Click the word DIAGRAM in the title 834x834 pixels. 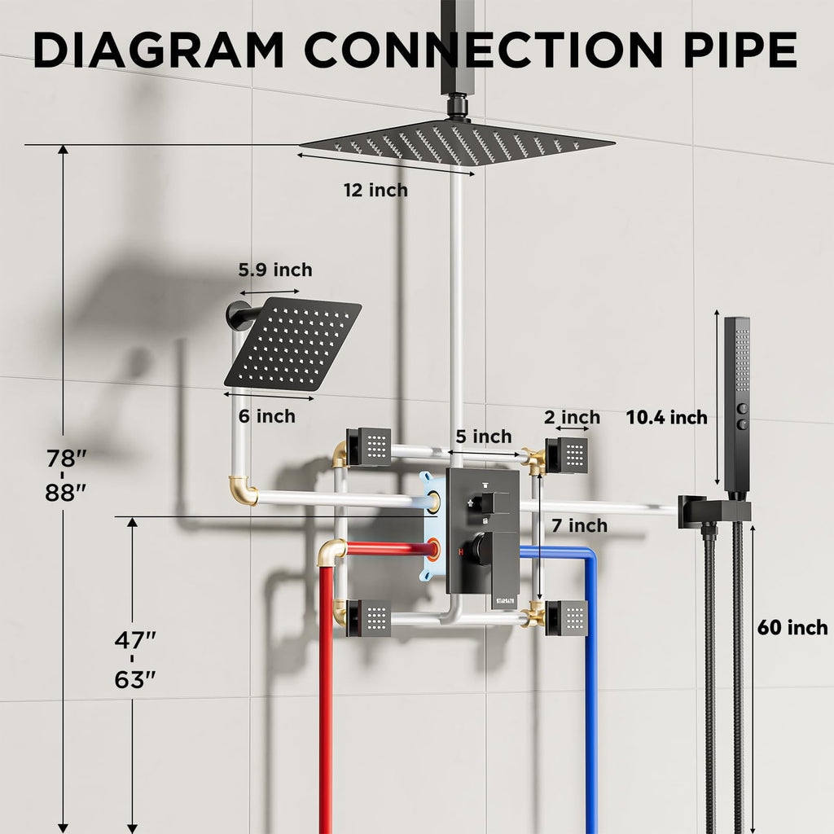click(x=159, y=50)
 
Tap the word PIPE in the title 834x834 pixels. click(x=740, y=50)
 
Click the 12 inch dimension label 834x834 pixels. click(x=375, y=190)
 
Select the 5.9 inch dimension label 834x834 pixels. click(x=275, y=270)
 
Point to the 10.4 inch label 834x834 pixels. click(x=666, y=418)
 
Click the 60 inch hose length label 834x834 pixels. click(x=792, y=628)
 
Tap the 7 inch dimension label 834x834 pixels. click(x=579, y=525)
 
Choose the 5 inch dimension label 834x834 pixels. click(x=484, y=437)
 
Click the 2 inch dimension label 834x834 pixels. click(x=572, y=418)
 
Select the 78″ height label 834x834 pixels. click(x=66, y=458)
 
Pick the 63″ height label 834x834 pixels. click(x=135, y=679)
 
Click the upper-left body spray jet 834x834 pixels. click(x=369, y=447)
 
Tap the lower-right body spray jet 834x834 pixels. click(x=567, y=618)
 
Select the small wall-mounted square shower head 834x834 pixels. click(x=293, y=345)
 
